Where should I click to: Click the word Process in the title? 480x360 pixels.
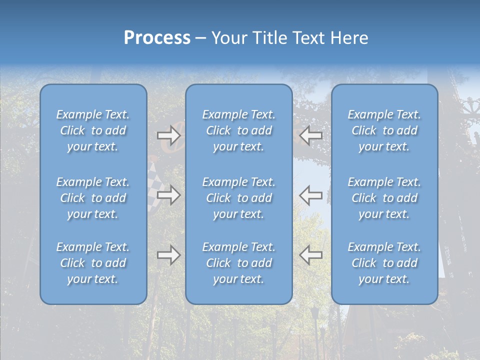[157, 38]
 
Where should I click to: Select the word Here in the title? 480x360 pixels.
[349, 38]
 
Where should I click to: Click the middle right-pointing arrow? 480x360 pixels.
[168, 195]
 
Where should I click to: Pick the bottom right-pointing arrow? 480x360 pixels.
[168, 255]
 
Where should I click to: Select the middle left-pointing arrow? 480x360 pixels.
[311, 195]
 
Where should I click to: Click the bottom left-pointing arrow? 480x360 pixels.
[311, 255]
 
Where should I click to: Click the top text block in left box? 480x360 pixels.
[93, 130]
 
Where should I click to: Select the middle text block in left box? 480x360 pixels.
[93, 198]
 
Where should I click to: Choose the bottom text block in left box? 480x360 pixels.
[93, 263]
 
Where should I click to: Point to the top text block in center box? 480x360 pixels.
[238, 130]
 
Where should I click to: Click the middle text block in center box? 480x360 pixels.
[238, 198]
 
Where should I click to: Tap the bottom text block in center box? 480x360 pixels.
[238, 263]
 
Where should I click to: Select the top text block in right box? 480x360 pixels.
[384, 130]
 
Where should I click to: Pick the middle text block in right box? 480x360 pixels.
[384, 198]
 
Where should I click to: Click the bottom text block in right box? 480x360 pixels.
[384, 263]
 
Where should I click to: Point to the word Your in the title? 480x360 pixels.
[229, 38]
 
